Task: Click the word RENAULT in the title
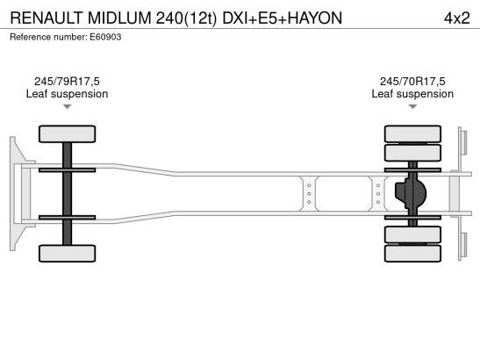point(47,18)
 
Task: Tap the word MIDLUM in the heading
point(119,18)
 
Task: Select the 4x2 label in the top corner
point(456,18)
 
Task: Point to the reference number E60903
point(105,37)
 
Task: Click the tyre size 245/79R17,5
point(67,82)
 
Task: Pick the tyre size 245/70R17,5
point(412,82)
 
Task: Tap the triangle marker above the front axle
point(67,106)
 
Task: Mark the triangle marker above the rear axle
point(412,106)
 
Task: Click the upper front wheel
point(67,133)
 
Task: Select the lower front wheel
point(67,254)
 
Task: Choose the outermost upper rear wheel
point(412,133)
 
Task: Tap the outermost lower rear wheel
point(412,254)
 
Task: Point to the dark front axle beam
point(67,194)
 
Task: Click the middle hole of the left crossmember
point(309,194)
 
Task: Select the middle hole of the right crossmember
point(378,194)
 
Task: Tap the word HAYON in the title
point(315,18)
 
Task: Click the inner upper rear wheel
point(412,153)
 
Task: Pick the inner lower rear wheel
point(412,234)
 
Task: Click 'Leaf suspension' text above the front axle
point(67,94)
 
